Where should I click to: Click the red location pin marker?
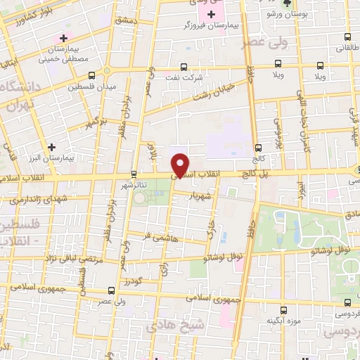click(x=181, y=165)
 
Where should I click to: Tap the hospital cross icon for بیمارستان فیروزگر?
click(x=212, y=15)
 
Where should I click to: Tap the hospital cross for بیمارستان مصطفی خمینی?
click(x=64, y=37)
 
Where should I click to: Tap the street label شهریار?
click(x=200, y=196)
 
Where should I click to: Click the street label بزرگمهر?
click(x=96, y=122)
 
